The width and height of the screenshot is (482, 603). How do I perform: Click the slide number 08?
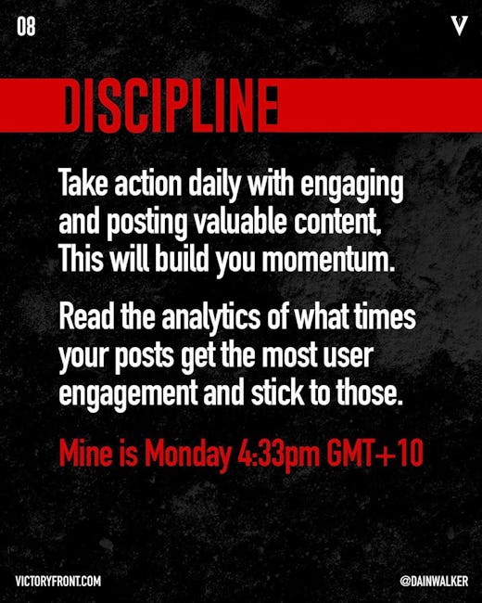(x=26, y=27)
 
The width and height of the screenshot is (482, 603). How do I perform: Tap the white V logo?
(x=460, y=26)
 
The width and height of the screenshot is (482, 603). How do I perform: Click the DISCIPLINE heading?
(x=171, y=105)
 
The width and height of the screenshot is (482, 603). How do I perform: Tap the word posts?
(x=145, y=355)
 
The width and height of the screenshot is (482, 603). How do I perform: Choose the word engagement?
(x=128, y=393)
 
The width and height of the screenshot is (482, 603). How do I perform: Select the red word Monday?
(x=187, y=454)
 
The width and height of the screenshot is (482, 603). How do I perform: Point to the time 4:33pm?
(x=278, y=454)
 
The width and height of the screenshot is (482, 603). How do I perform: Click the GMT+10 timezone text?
(x=374, y=453)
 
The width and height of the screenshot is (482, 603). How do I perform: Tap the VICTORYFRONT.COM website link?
(x=58, y=581)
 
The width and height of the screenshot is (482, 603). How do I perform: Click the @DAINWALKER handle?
(x=434, y=581)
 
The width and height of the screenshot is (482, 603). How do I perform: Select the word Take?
(x=83, y=184)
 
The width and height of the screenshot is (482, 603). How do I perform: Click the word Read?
(x=87, y=316)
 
